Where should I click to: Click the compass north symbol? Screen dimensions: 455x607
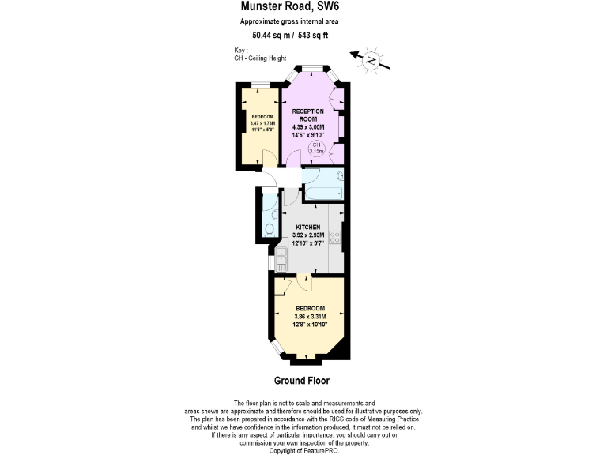tap(371, 60)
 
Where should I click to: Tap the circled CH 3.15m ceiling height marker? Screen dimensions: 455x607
tap(315, 149)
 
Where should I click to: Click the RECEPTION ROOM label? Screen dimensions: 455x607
tap(308, 115)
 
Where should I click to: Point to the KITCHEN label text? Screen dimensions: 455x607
tap(307, 227)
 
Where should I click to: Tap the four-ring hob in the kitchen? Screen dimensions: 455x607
tap(335, 236)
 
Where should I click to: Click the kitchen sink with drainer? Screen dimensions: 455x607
tap(282, 257)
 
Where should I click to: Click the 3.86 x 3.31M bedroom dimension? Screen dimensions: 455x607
tap(310, 316)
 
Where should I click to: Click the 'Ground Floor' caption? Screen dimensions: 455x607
tap(303, 380)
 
